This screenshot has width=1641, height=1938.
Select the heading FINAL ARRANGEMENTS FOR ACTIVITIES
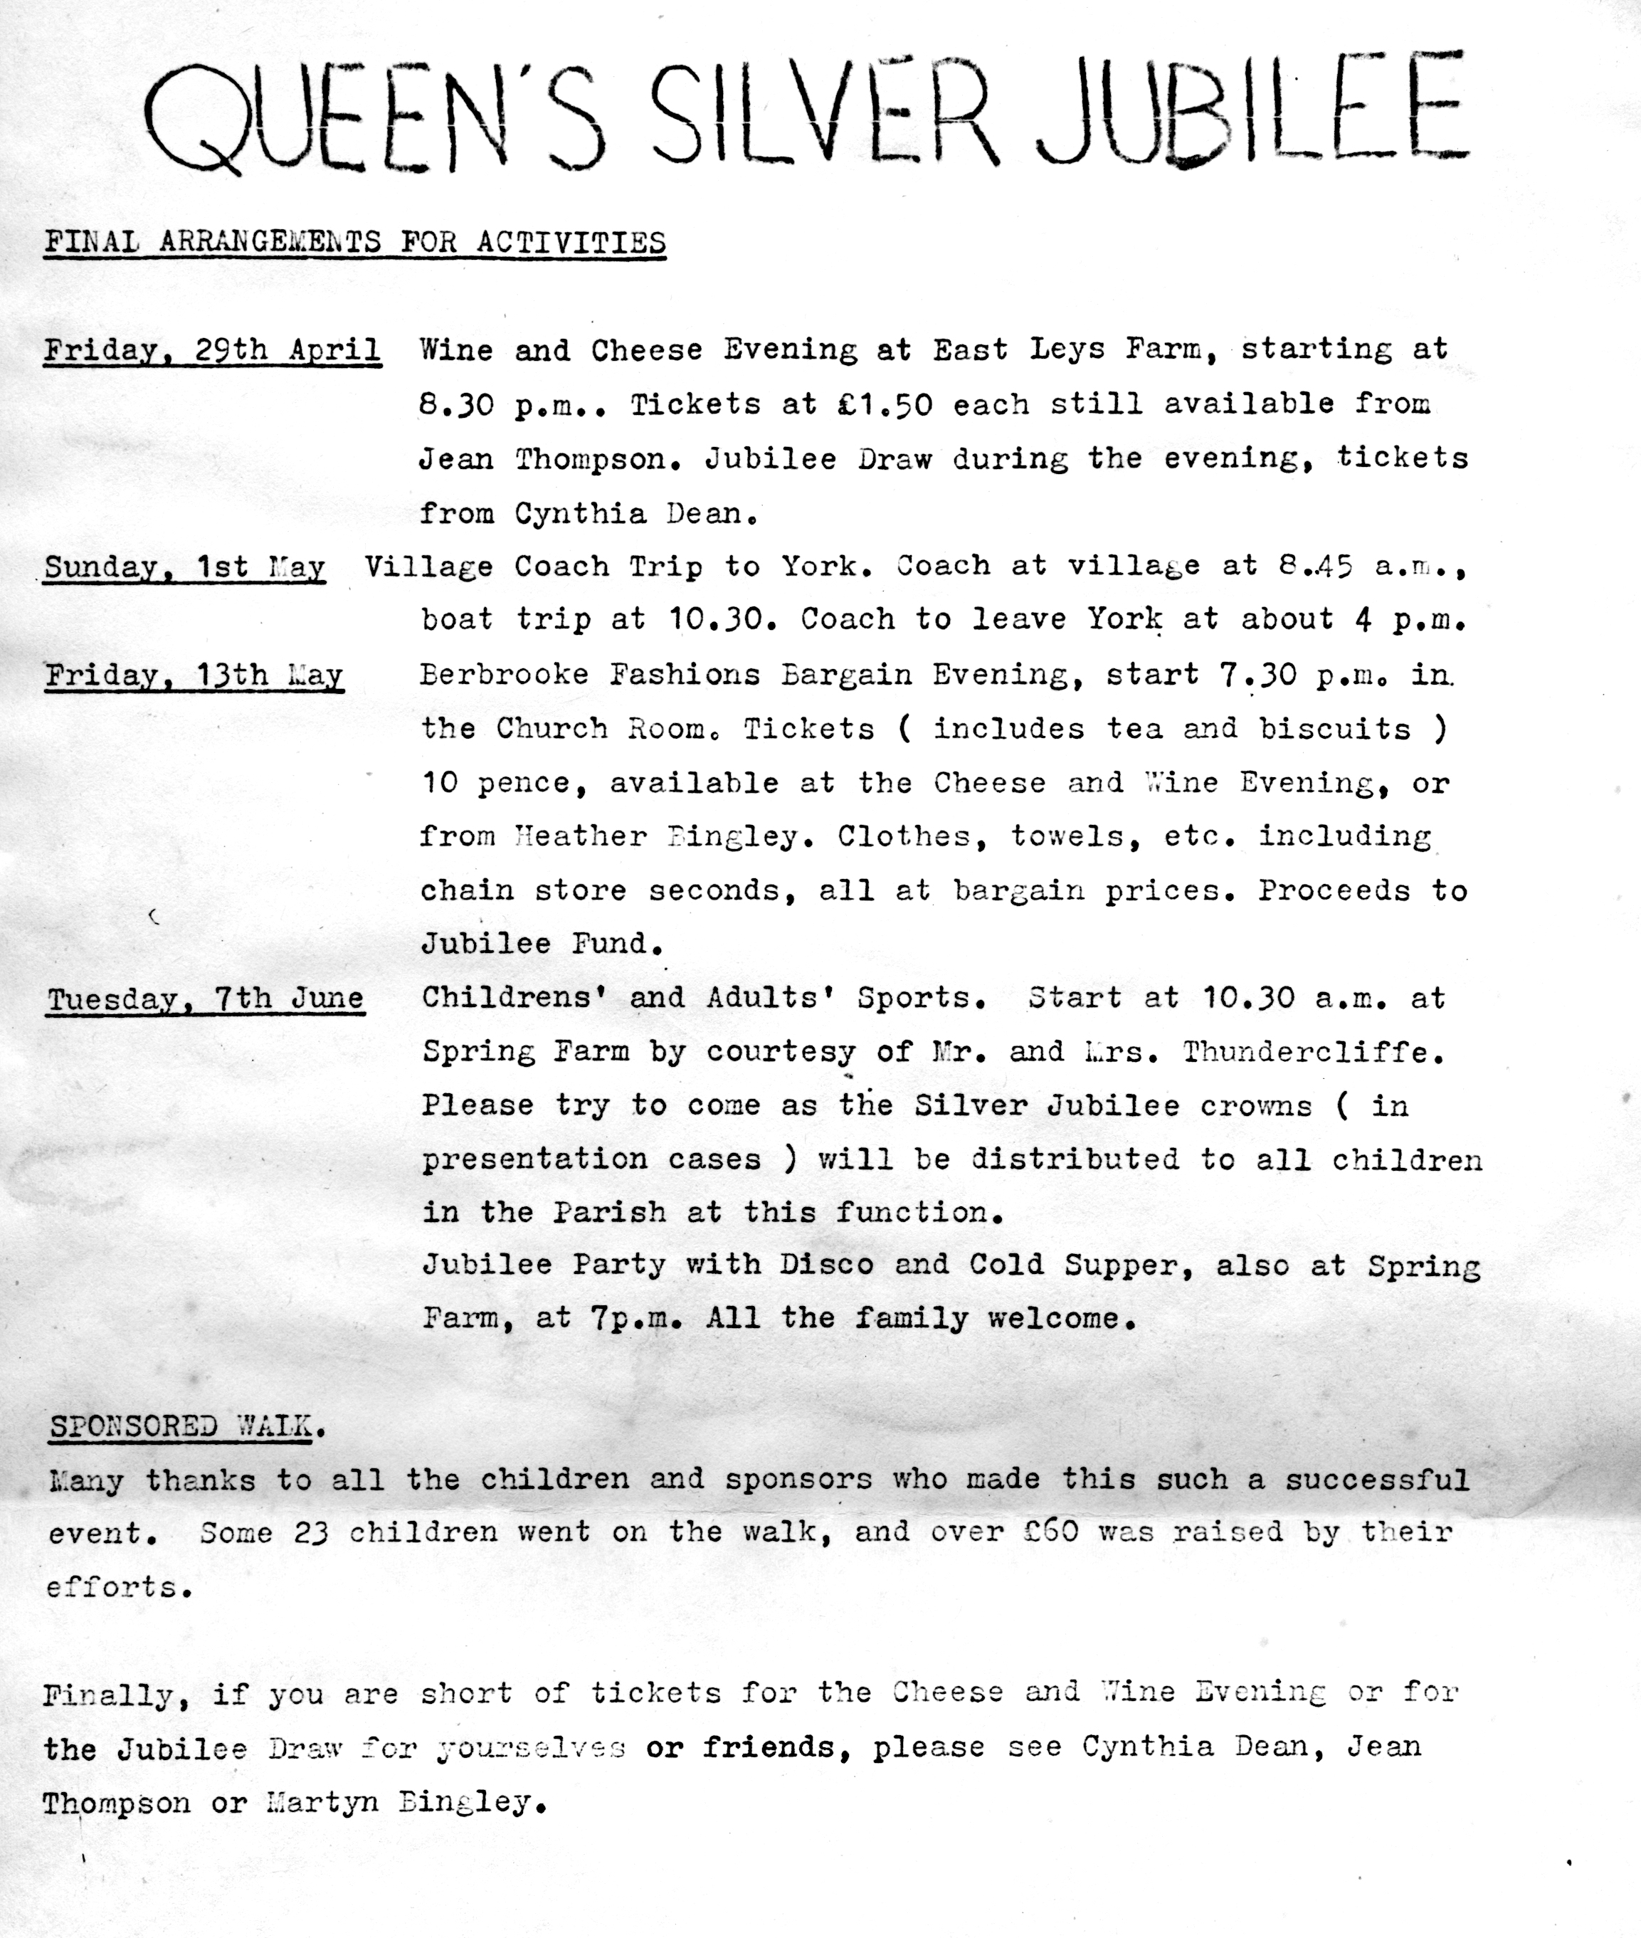click(354, 242)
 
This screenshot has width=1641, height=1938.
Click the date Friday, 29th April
click(212, 351)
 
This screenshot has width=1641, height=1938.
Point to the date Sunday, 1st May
click(184, 567)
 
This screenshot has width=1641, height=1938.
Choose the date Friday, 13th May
click(194, 675)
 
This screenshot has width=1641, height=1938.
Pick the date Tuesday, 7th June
click(206, 999)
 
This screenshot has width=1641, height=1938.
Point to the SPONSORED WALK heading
click(181, 1426)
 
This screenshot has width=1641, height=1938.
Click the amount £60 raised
click(1050, 1532)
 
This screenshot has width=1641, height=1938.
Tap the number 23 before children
click(311, 1533)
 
